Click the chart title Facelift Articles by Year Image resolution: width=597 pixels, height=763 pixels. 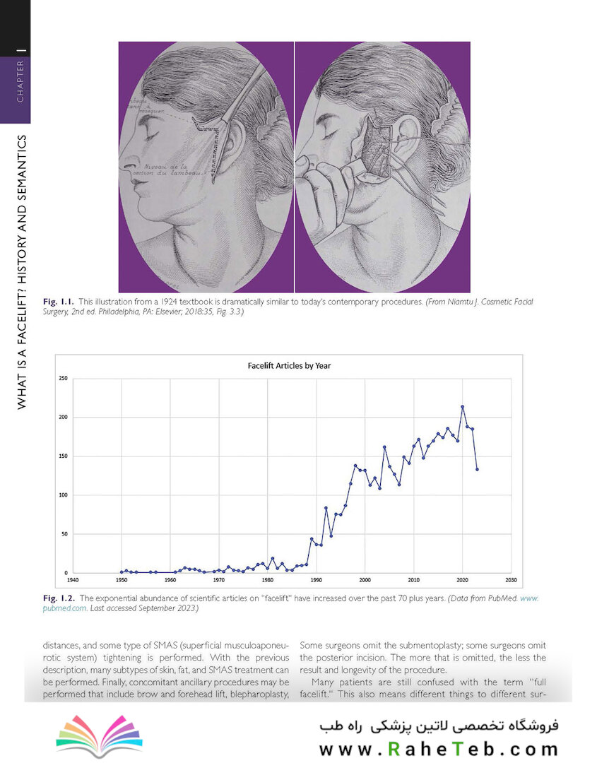289,366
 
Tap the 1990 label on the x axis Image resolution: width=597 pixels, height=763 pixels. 316,580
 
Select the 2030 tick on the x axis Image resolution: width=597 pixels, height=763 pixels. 511,580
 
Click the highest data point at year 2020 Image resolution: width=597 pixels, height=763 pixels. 462,407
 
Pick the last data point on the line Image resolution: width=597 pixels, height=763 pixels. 477,469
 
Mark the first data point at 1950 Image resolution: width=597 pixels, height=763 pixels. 122,572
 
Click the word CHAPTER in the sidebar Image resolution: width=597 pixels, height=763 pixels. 20,81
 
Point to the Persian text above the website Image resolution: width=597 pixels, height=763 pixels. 438,726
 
